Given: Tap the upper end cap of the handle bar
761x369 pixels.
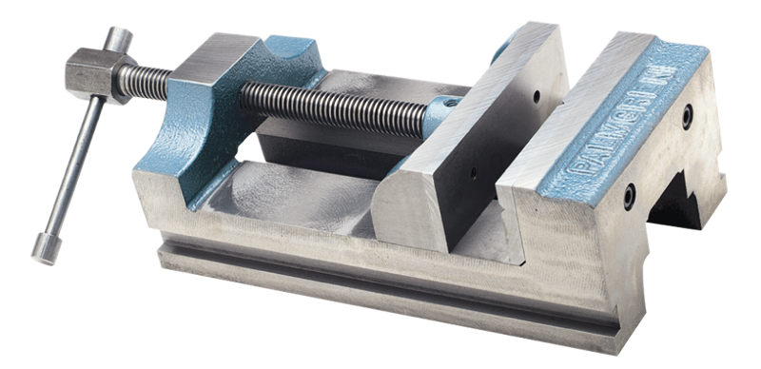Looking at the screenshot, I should point(119,39).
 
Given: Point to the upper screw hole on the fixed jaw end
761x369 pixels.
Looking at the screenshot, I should point(687,116).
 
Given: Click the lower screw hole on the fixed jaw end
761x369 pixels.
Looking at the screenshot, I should point(629,197).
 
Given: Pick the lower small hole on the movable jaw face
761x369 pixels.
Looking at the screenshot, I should point(474,173).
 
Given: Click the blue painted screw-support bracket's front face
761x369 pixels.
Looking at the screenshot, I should point(181,143).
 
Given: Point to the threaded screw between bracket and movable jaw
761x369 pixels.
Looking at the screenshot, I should point(333,106).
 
